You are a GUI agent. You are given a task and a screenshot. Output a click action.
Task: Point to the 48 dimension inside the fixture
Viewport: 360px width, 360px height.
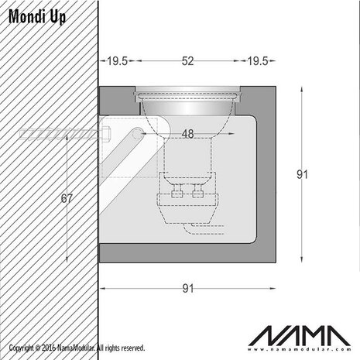click(187, 134)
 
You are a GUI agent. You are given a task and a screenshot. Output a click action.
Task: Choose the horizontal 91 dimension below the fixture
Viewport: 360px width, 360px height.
click(187, 289)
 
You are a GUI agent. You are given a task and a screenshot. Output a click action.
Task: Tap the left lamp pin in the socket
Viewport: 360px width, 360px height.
click(176, 190)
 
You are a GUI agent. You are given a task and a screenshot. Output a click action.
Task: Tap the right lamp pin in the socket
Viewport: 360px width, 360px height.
click(197, 190)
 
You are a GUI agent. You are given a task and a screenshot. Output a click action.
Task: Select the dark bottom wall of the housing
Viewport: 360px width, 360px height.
click(187, 253)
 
